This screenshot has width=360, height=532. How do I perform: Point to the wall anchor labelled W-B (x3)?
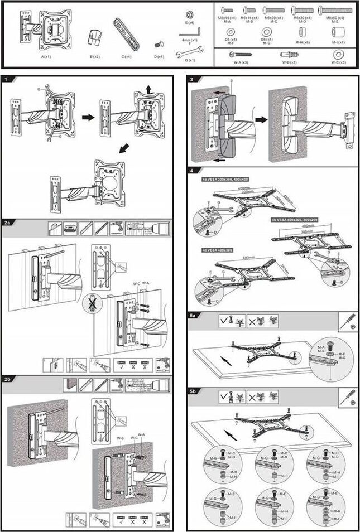pos(289,55)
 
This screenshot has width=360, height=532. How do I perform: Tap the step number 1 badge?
pos(6,80)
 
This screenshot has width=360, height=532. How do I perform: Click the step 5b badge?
pos(193,392)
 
